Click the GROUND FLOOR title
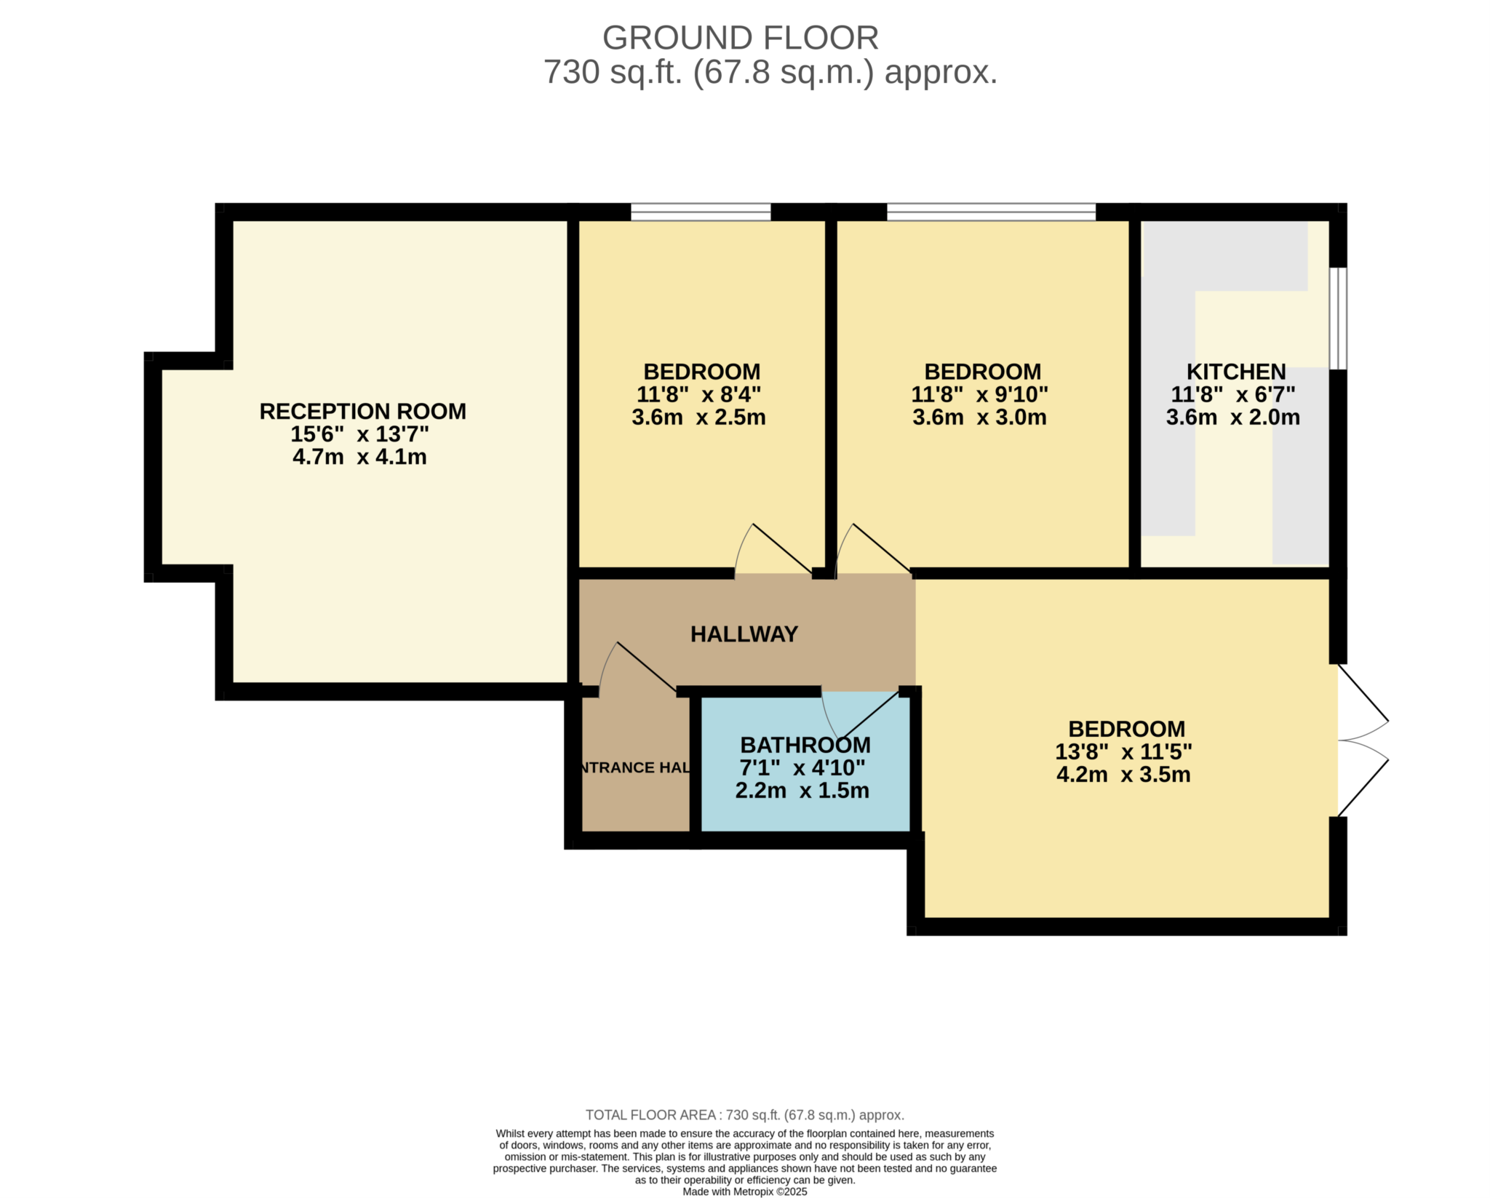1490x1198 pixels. point(740,38)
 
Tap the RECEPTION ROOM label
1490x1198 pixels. point(362,412)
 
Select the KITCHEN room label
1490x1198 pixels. point(1235,372)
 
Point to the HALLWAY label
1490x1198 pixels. point(744,634)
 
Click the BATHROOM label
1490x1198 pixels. point(805,745)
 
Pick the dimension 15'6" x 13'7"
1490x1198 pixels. point(359,434)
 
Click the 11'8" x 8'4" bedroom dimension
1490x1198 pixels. point(698,394)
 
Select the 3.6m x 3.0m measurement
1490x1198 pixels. point(979,418)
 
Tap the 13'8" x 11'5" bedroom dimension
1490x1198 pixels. point(1123,751)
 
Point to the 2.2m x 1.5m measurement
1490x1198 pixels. point(802,791)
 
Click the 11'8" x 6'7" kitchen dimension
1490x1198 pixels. point(1232,394)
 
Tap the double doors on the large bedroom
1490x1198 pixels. point(1363,740)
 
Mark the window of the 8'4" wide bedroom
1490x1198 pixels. point(701,212)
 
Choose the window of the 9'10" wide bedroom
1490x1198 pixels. point(991,212)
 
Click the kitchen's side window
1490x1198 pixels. point(1338,319)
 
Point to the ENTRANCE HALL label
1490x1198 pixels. point(634,767)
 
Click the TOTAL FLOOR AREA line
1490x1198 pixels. point(745,1115)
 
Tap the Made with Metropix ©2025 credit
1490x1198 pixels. point(745,1191)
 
